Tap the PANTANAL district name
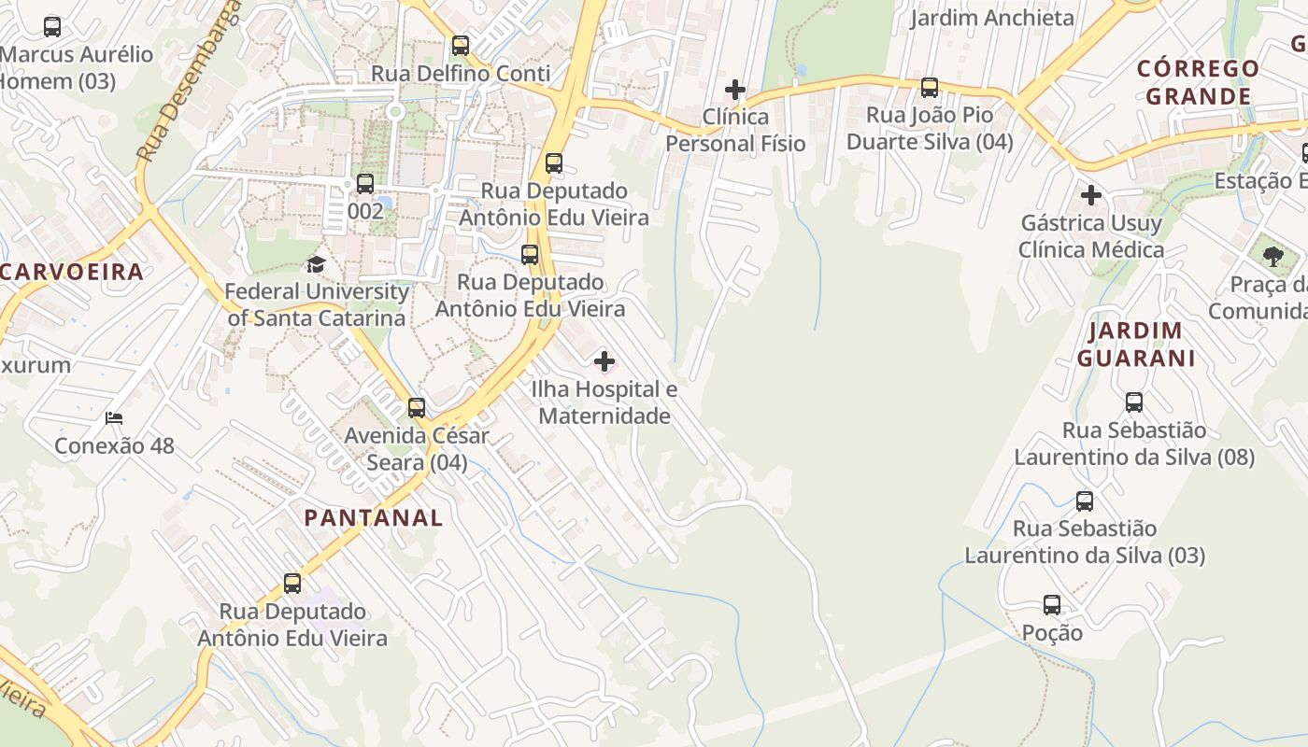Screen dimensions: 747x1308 tap(373, 518)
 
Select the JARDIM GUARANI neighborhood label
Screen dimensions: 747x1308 tap(1136, 345)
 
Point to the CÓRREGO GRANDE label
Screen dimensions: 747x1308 tap(1199, 82)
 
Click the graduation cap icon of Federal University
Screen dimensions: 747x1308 tap(316, 265)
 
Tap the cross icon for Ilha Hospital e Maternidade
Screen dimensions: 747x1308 tap(604, 361)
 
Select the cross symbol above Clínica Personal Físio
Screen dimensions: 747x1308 tap(735, 90)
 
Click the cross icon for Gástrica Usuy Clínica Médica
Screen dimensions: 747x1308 tap(1090, 196)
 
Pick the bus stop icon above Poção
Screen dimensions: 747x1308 tap(1052, 605)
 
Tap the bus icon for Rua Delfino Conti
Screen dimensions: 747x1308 tap(461, 46)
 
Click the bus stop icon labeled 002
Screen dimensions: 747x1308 tap(365, 184)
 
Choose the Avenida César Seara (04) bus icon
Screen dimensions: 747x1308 tap(417, 408)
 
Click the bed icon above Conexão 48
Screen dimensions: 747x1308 tap(114, 418)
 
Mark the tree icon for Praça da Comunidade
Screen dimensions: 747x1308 tap(1272, 257)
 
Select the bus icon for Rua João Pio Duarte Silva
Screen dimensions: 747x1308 tap(929, 88)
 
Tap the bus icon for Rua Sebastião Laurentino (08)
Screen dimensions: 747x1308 tap(1133, 402)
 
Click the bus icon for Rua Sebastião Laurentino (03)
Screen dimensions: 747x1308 tap(1085, 500)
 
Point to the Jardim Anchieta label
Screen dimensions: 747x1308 tap(992, 18)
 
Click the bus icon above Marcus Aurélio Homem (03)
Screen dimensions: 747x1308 tap(52, 27)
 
